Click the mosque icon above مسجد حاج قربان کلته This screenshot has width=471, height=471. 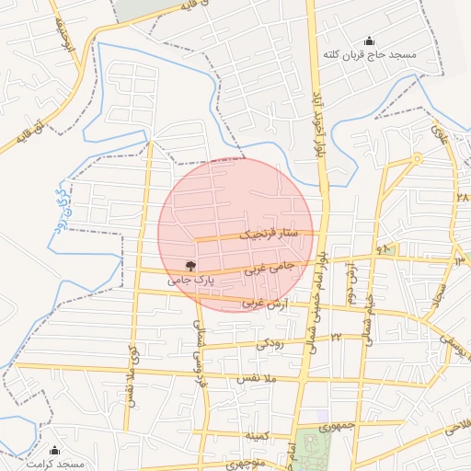click(x=370, y=40)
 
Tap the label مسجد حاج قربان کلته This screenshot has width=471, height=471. click(x=370, y=55)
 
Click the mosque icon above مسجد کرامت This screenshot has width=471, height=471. click(x=54, y=450)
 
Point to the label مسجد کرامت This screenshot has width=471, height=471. click(x=54, y=464)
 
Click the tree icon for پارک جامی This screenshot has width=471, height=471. click(x=190, y=265)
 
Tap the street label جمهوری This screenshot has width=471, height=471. click(x=336, y=427)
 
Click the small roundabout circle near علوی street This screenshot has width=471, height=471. click(x=417, y=158)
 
